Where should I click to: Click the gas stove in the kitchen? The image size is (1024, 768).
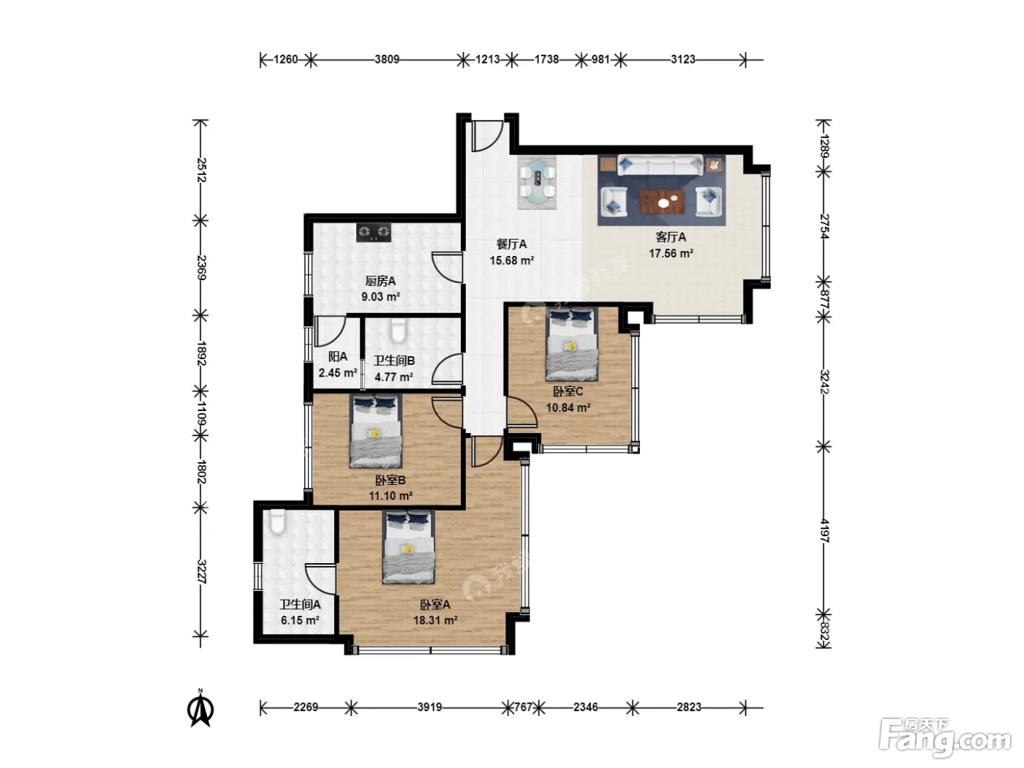coord(373,232)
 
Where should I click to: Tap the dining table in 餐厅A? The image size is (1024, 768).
coord(538,182)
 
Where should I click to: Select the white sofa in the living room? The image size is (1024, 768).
coord(660,165)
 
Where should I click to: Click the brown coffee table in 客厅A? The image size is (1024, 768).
coord(662,201)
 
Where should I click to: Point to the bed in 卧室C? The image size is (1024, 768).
coord(571,344)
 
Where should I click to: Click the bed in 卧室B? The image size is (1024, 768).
coord(375,432)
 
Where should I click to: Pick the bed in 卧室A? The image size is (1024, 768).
coord(408,547)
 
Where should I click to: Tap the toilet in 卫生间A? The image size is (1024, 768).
coord(277,522)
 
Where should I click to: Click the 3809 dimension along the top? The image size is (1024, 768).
coord(387,60)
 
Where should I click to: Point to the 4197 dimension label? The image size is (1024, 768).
coord(824,531)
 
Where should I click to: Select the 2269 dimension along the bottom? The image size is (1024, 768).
coord(306,707)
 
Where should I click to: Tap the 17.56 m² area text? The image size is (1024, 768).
coord(671,253)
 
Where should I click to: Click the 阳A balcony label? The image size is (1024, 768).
coord(338,357)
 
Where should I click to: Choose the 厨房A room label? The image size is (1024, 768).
coord(380,281)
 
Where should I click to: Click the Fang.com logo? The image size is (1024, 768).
coord(945,738)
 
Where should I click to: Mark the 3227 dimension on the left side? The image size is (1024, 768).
coord(201,571)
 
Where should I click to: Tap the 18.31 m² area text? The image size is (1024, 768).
coord(435,620)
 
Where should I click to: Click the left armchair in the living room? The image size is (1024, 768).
coord(613,201)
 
